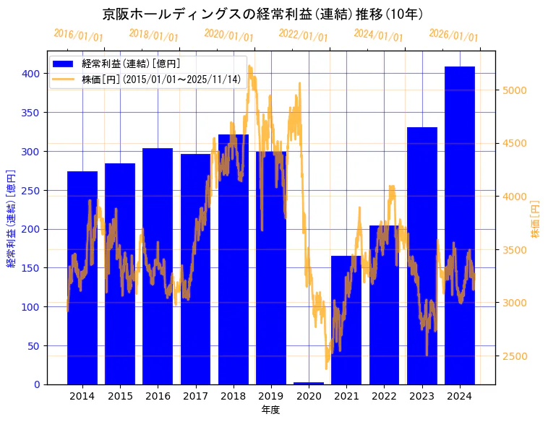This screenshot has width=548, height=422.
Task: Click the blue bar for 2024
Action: (460, 225)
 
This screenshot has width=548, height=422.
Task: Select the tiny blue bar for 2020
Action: (309, 383)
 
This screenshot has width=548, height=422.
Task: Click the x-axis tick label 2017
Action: (195, 396)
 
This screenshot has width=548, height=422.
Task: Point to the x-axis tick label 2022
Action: (384, 396)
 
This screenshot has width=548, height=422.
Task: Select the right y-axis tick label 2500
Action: (514, 356)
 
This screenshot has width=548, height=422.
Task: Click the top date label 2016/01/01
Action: (78, 35)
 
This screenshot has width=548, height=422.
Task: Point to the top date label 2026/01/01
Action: (453, 35)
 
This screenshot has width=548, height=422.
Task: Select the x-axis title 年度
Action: (270, 410)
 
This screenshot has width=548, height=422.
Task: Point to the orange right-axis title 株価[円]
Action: (536, 219)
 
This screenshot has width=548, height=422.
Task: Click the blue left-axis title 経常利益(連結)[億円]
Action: (11, 218)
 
